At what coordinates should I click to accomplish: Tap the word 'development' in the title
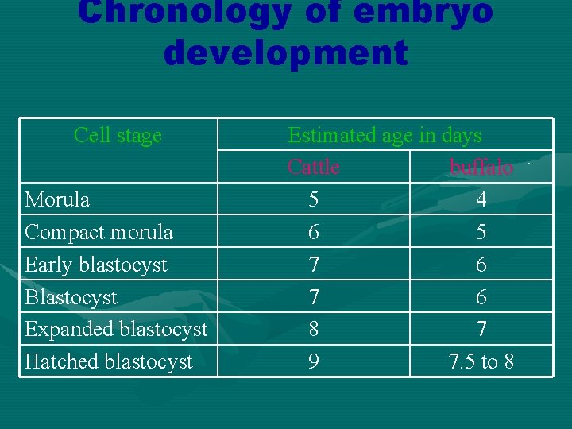tap(286, 53)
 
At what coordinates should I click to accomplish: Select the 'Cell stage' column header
tap(118, 135)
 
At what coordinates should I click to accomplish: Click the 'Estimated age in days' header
tap(385, 135)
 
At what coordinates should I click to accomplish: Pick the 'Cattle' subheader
tap(313, 167)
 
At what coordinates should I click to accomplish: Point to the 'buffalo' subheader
tap(481, 168)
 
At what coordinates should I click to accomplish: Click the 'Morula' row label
tap(57, 199)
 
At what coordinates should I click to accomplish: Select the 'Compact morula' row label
tap(99, 232)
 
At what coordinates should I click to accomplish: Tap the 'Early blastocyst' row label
tap(96, 265)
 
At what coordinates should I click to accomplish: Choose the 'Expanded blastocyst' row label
tap(116, 329)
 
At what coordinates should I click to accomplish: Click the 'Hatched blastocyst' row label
tap(109, 361)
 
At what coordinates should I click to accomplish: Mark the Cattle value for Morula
tap(314, 199)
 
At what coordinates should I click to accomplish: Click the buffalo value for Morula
tap(481, 199)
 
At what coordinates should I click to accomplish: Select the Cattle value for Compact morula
tap(314, 232)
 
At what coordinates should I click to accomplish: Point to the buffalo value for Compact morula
tap(481, 232)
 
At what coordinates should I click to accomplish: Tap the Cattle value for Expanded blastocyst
tap(314, 329)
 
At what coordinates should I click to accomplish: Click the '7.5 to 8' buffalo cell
tap(481, 361)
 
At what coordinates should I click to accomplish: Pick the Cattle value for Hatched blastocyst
tap(314, 361)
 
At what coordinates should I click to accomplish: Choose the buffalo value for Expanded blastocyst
tap(481, 329)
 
